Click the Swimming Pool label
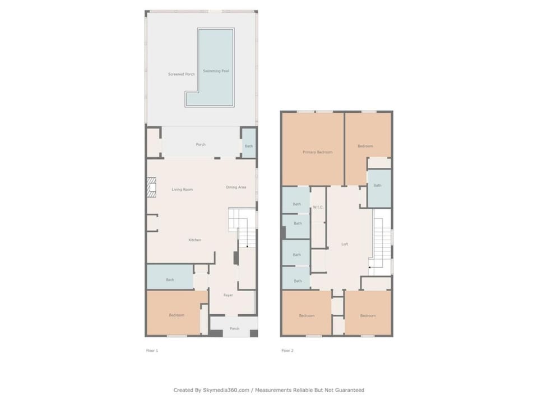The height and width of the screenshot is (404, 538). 215,71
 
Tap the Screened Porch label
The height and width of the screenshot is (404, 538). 181,74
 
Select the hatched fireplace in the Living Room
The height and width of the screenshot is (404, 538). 151,187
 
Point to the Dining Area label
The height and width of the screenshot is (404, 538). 236,187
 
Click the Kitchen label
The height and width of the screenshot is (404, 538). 195,240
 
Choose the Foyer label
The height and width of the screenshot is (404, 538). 228,295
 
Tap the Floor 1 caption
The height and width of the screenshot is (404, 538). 152,351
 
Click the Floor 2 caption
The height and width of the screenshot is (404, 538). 287,351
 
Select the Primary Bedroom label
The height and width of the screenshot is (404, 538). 317,152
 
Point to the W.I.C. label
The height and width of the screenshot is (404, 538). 318,207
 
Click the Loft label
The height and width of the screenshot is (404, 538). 345,244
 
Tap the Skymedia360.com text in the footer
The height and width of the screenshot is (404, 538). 226,390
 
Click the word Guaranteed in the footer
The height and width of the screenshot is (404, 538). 350,390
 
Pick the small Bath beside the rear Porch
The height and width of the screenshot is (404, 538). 249,144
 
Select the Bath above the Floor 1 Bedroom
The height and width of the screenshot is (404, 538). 170,277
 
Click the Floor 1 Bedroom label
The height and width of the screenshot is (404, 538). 177,315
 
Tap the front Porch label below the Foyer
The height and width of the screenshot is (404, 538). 234,328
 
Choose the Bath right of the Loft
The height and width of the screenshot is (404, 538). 379,189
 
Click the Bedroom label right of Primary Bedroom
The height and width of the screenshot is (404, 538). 365,146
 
